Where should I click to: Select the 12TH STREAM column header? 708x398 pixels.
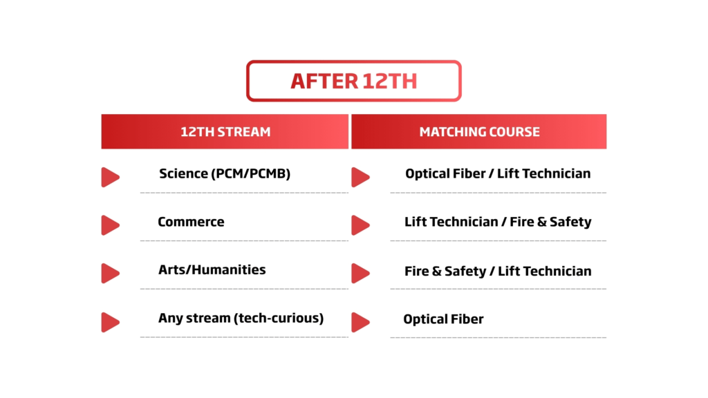pos(225,131)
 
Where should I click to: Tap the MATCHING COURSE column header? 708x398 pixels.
pos(479,131)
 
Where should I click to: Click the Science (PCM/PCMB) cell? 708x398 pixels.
pos(225,173)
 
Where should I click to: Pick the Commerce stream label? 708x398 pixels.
pos(191,222)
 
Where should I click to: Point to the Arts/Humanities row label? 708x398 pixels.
pos(212,269)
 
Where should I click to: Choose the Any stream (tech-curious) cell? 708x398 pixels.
pos(241,318)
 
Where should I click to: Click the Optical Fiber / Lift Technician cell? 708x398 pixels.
pos(498,173)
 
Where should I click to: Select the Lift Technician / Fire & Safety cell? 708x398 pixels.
pos(498,222)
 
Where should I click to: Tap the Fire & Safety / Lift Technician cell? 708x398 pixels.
pos(498,271)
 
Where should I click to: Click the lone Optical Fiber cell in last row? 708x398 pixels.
pos(443,319)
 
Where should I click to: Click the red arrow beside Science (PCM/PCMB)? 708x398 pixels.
pos(110,177)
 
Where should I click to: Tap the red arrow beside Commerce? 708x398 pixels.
pos(110,225)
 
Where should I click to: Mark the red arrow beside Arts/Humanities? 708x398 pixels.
pos(110,274)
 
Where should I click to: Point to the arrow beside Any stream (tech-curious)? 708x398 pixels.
pos(110,322)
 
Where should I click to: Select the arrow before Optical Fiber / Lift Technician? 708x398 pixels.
pos(360,177)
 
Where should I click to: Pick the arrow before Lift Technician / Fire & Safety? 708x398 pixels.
pos(360,225)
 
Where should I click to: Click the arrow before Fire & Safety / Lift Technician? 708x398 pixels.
pos(360,274)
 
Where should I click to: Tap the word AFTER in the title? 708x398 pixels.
pos(324,82)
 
